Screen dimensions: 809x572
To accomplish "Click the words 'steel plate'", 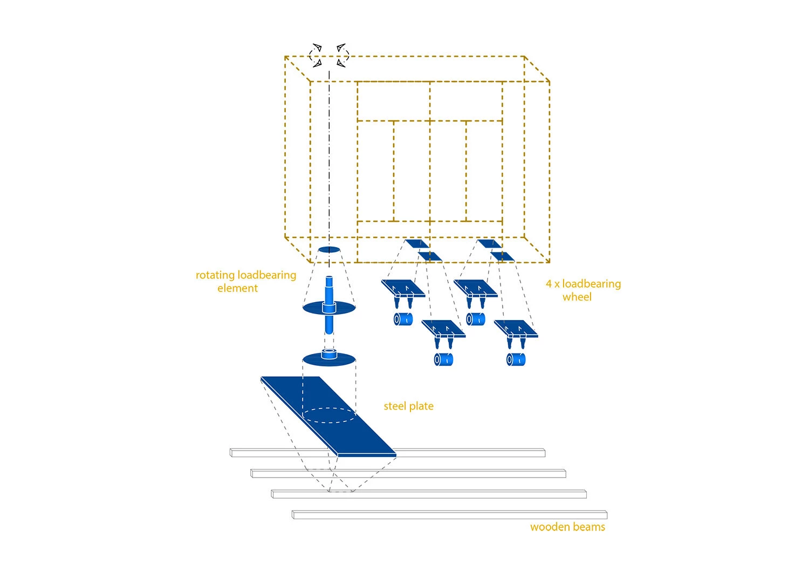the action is (x=408, y=406).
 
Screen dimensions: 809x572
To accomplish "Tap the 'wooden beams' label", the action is (x=567, y=527).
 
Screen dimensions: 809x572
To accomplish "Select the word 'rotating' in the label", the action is (x=215, y=275).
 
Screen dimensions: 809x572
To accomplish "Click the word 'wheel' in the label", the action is (x=577, y=297).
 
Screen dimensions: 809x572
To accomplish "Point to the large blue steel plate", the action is (x=328, y=417).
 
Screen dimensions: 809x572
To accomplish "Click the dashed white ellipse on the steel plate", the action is (x=328, y=415).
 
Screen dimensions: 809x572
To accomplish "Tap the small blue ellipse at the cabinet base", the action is (x=329, y=250).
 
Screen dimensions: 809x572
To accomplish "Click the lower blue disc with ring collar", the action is (x=329, y=358).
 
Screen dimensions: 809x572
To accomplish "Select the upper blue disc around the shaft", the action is (x=329, y=308).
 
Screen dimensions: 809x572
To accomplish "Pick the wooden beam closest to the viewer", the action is (x=450, y=515).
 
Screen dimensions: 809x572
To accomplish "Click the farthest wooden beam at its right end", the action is (x=545, y=452).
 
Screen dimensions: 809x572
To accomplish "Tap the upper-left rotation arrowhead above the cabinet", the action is (x=318, y=47).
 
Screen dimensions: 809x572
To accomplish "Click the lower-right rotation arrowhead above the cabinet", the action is (x=341, y=63).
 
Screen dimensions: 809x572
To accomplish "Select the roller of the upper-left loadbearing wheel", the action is (x=403, y=319).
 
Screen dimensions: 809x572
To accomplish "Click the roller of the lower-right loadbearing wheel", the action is (x=516, y=360).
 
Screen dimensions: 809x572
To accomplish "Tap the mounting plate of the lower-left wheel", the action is (x=443, y=329).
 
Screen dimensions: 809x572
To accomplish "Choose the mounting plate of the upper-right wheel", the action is (x=476, y=288).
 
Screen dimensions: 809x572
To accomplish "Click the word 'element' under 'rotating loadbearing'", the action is (x=237, y=288).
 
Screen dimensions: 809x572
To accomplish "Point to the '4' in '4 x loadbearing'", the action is (x=549, y=284).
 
